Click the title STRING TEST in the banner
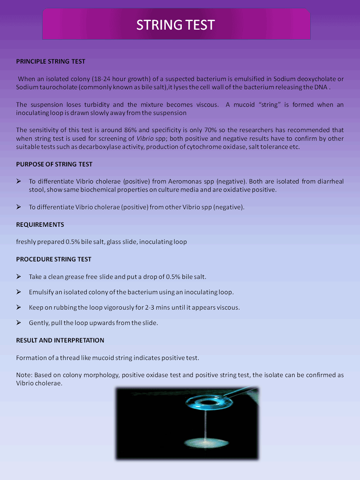coord(175,25)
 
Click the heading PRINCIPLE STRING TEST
coord(51,61)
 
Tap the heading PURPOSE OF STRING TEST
coord(54,164)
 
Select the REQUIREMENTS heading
coord(40,225)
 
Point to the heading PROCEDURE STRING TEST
coord(54,259)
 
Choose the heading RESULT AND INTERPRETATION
coord(60,340)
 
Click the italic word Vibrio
coord(145,139)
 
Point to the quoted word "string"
coord(270,105)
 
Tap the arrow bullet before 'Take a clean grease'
coord(19,276)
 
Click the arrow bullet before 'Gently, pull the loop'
coord(19,322)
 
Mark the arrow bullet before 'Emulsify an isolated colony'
coord(19,292)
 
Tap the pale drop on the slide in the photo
coord(205,443)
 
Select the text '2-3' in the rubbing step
coord(150,307)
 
